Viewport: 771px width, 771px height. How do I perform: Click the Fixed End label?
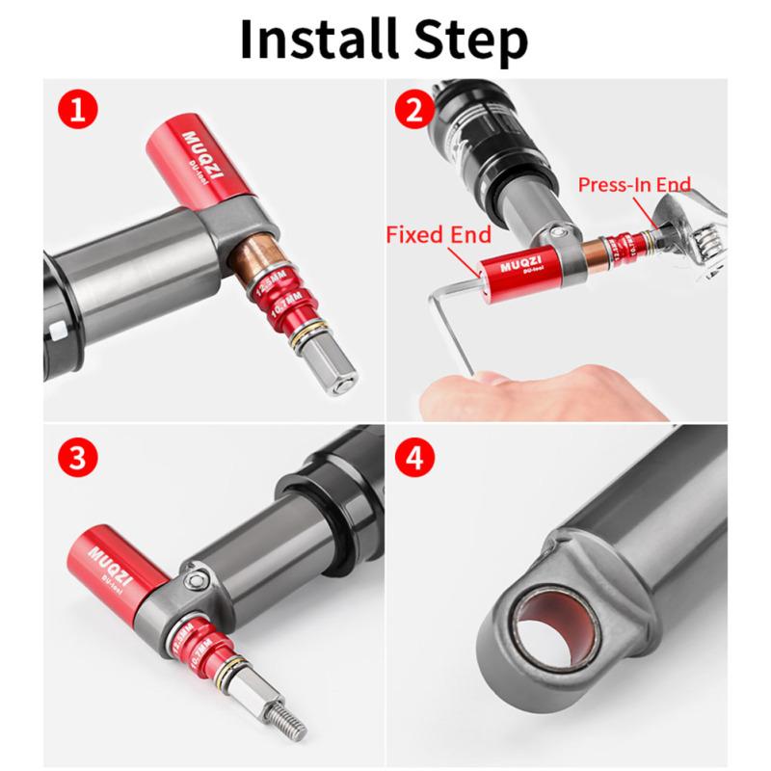[x=438, y=234]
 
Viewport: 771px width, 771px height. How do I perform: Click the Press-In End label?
[x=634, y=183]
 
